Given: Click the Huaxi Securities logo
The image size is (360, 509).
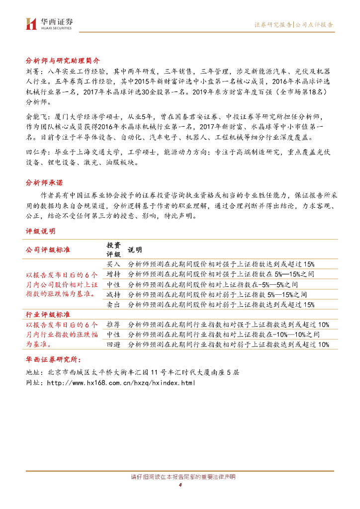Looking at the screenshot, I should click(x=49, y=23).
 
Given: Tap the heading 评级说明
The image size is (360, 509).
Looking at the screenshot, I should click(x=40, y=231).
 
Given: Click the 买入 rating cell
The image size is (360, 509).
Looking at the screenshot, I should click(x=113, y=264).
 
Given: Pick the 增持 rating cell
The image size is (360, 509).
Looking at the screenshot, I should click(x=113, y=274).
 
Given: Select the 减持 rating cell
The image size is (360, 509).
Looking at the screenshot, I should click(x=113, y=294).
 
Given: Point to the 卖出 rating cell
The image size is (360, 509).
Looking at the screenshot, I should click(x=113, y=304).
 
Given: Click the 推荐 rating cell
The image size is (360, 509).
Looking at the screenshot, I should click(x=113, y=324).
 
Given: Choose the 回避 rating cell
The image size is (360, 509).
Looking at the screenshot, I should click(x=113, y=344).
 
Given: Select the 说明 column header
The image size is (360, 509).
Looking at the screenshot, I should click(x=135, y=250).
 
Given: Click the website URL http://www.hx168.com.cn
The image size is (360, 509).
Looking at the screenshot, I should click(x=121, y=383).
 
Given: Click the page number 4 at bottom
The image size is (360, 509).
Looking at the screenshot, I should click(x=180, y=485).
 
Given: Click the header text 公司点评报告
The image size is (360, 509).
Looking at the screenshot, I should click(x=315, y=24).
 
